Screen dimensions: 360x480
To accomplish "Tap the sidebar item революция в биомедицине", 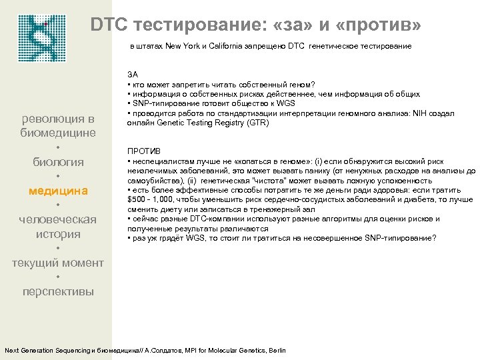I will (59, 125).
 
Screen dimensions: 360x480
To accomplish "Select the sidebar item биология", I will (59, 162).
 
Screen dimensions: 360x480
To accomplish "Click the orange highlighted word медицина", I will (59, 191).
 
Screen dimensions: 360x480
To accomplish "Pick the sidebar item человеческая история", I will (59, 227).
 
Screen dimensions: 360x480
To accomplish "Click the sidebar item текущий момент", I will (59, 263).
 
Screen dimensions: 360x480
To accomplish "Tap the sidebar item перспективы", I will (59, 291).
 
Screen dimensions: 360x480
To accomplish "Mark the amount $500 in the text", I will (137, 200).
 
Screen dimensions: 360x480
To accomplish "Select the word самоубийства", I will (152, 181).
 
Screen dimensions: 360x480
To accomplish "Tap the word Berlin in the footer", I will (275, 351).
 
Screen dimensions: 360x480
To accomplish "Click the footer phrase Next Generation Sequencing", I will (47, 351).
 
